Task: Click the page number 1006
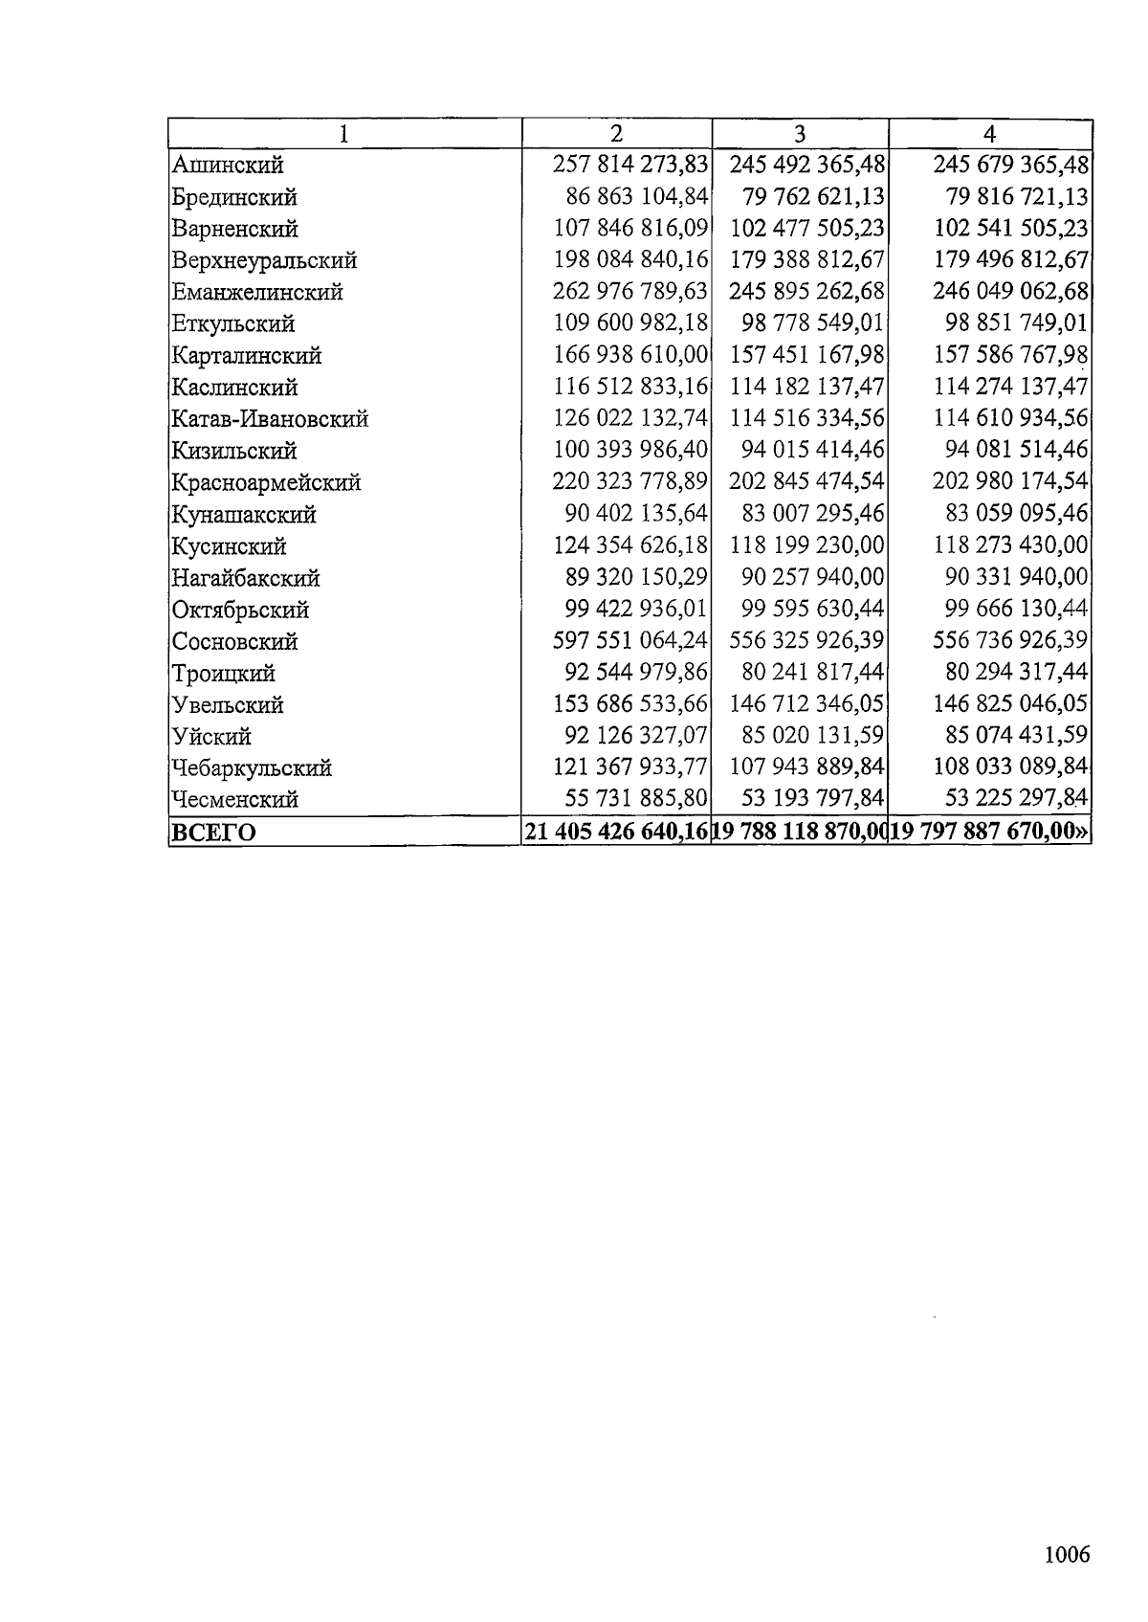pyautogui.click(x=1067, y=1554)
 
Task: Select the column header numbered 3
pyautogui.click(x=801, y=133)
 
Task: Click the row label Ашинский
pyautogui.click(x=228, y=166)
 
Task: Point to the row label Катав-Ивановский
pyautogui.click(x=270, y=419)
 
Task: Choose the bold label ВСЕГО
pyautogui.click(x=213, y=832)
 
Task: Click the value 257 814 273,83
pyautogui.click(x=630, y=165)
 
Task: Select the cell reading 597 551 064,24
pyautogui.click(x=630, y=640)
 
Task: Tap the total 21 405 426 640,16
pyautogui.click(x=618, y=831)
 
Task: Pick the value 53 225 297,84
pyautogui.click(x=1016, y=798)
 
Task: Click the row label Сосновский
pyautogui.click(x=234, y=641)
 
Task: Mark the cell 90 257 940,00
pyautogui.click(x=813, y=577)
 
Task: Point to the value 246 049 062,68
pyautogui.click(x=1010, y=291)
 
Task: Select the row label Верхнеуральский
pyautogui.click(x=264, y=260)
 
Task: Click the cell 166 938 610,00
pyautogui.click(x=630, y=355)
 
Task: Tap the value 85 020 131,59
pyautogui.click(x=813, y=735)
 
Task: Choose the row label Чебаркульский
pyautogui.click(x=252, y=767)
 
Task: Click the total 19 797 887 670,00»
pyautogui.click(x=991, y=831)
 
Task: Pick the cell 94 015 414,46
pyautogui.click(x=813, y=450)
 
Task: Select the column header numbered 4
pyautogui.click(x=991, y=133)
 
